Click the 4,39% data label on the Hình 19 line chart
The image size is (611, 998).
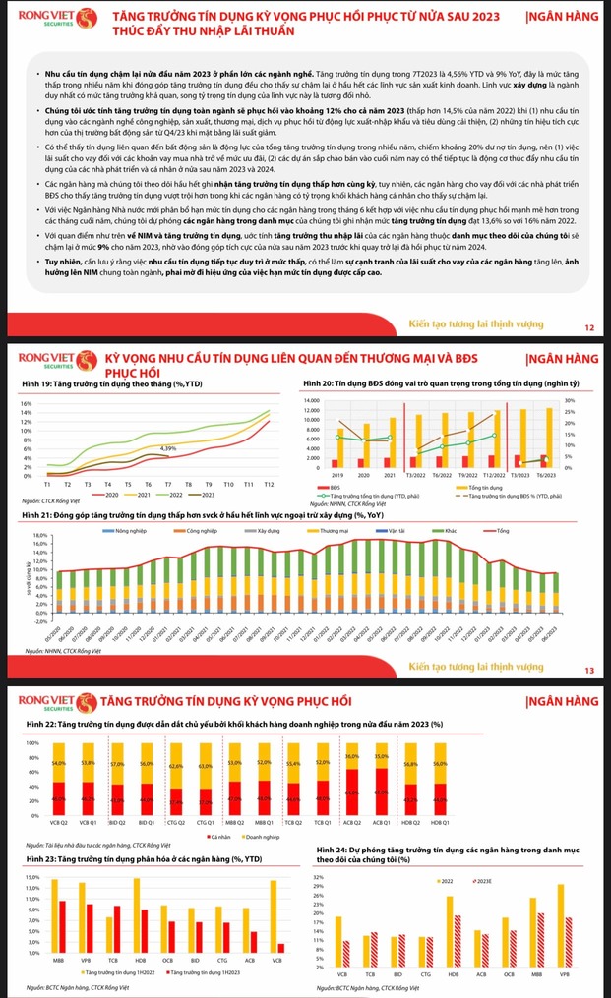coord(169,448)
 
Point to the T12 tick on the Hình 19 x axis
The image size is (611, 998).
coord(269,485)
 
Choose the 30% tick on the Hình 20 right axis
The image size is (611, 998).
coord(569,401)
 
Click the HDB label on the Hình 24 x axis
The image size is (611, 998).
coord(451,975)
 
